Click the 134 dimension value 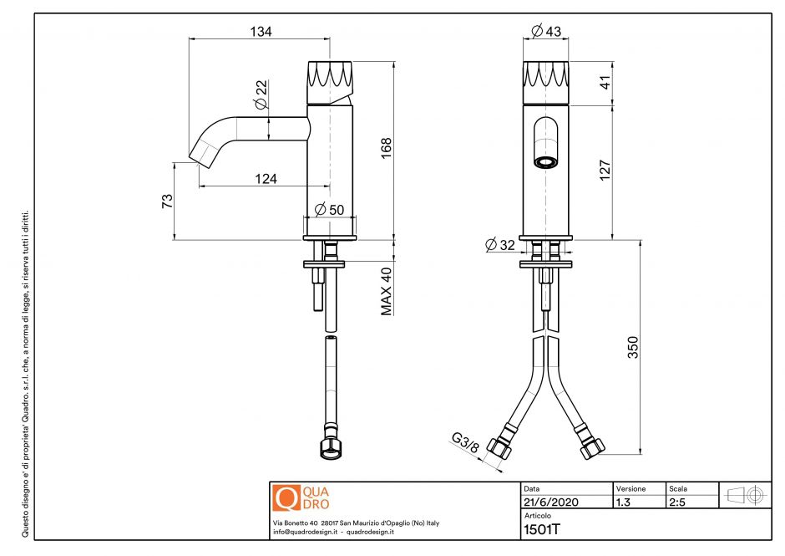tap(261, 31)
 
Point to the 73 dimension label tap(167, 201)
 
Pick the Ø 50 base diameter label tap(329, 209)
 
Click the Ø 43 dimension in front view tap(546, 31)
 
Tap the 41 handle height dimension tap(606, 82)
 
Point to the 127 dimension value tap(606, 171)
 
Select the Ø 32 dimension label tap(501, 244)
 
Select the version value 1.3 tap(623, 502)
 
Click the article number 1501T tap(540, 528)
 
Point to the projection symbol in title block tap(745, 494)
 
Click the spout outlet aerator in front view tap(545, 161)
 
